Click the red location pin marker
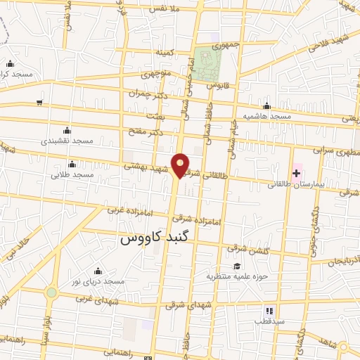181,165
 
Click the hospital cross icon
297,173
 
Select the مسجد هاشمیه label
267,115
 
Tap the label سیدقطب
268,321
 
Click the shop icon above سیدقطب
268,310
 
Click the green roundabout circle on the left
51,292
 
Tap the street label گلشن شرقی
246,249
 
